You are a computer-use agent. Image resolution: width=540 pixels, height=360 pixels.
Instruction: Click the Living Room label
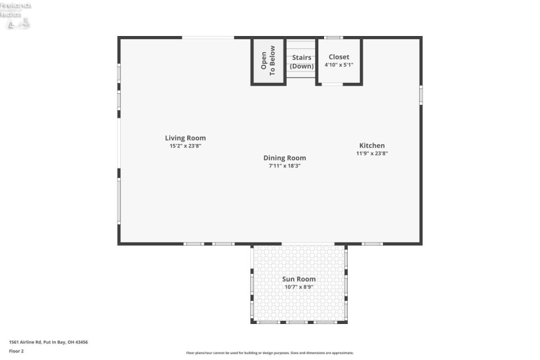tap(185, 138)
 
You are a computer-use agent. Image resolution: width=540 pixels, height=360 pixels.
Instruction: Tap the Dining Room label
tap(284, 157)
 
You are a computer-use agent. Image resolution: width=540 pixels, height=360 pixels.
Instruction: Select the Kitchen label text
tap(372, 145)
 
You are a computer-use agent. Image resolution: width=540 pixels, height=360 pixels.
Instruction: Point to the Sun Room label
tap(299, 279)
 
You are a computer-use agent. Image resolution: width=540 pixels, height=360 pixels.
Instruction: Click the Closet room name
tap(339, 57)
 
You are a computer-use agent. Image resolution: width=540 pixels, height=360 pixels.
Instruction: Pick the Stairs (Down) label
tap(301, 62)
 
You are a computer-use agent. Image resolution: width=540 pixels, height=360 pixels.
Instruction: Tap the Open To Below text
tap(268, 60)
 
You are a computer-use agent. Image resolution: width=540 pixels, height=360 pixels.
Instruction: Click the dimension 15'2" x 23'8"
tap(185, 147)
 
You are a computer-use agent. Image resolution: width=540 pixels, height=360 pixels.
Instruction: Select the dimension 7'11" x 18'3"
tap(284, 166)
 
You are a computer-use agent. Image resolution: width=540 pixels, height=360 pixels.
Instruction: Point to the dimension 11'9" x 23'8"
tap(372, 154)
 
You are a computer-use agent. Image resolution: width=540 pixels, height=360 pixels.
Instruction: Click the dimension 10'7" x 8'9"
tap(299, 287)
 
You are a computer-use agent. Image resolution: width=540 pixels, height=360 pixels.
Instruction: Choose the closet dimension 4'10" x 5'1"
tap(339, 65)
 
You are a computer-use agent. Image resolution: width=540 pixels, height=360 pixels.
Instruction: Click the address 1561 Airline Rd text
tap(48, 342)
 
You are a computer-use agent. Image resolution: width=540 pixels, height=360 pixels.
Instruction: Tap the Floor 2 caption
tap(16, 351)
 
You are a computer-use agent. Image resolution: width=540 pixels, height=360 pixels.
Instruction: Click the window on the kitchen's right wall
tap(421, 94)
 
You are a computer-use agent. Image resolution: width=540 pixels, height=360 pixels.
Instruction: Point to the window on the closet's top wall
tap(332, 37)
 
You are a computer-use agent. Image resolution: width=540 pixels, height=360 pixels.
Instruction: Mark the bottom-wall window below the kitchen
tap(372, 244)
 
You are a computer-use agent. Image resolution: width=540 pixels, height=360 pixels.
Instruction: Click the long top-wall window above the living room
tap(208, 37)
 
